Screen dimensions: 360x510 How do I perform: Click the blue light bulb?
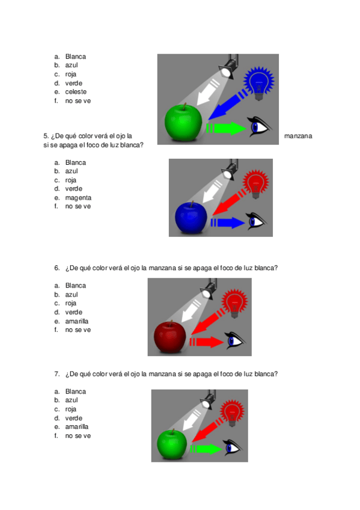pos(259,83)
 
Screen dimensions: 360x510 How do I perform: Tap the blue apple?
pos(191,218)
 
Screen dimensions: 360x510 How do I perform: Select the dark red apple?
pos(170,337)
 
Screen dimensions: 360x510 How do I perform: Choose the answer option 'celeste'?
pos(76,92)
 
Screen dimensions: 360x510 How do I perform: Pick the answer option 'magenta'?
pos(78,198)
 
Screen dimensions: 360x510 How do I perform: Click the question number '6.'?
pos(57,268)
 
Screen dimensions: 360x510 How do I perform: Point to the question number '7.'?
pos(57,373)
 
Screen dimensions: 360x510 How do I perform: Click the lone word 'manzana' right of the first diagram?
pos(298,136)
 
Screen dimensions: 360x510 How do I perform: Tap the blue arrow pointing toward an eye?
pos(228,223)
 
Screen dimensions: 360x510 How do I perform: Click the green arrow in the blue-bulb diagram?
pos(226,128)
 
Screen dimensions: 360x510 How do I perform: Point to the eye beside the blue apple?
pos(256,221)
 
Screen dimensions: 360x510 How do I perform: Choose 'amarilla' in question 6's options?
pos(77,321)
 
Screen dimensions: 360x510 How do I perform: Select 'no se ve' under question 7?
pos(78,435)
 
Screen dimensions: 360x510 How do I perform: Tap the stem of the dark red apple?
pos(171,324)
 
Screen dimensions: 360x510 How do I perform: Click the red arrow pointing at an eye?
pos(206,342)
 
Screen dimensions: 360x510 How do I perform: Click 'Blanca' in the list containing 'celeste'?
pos(75,57)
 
